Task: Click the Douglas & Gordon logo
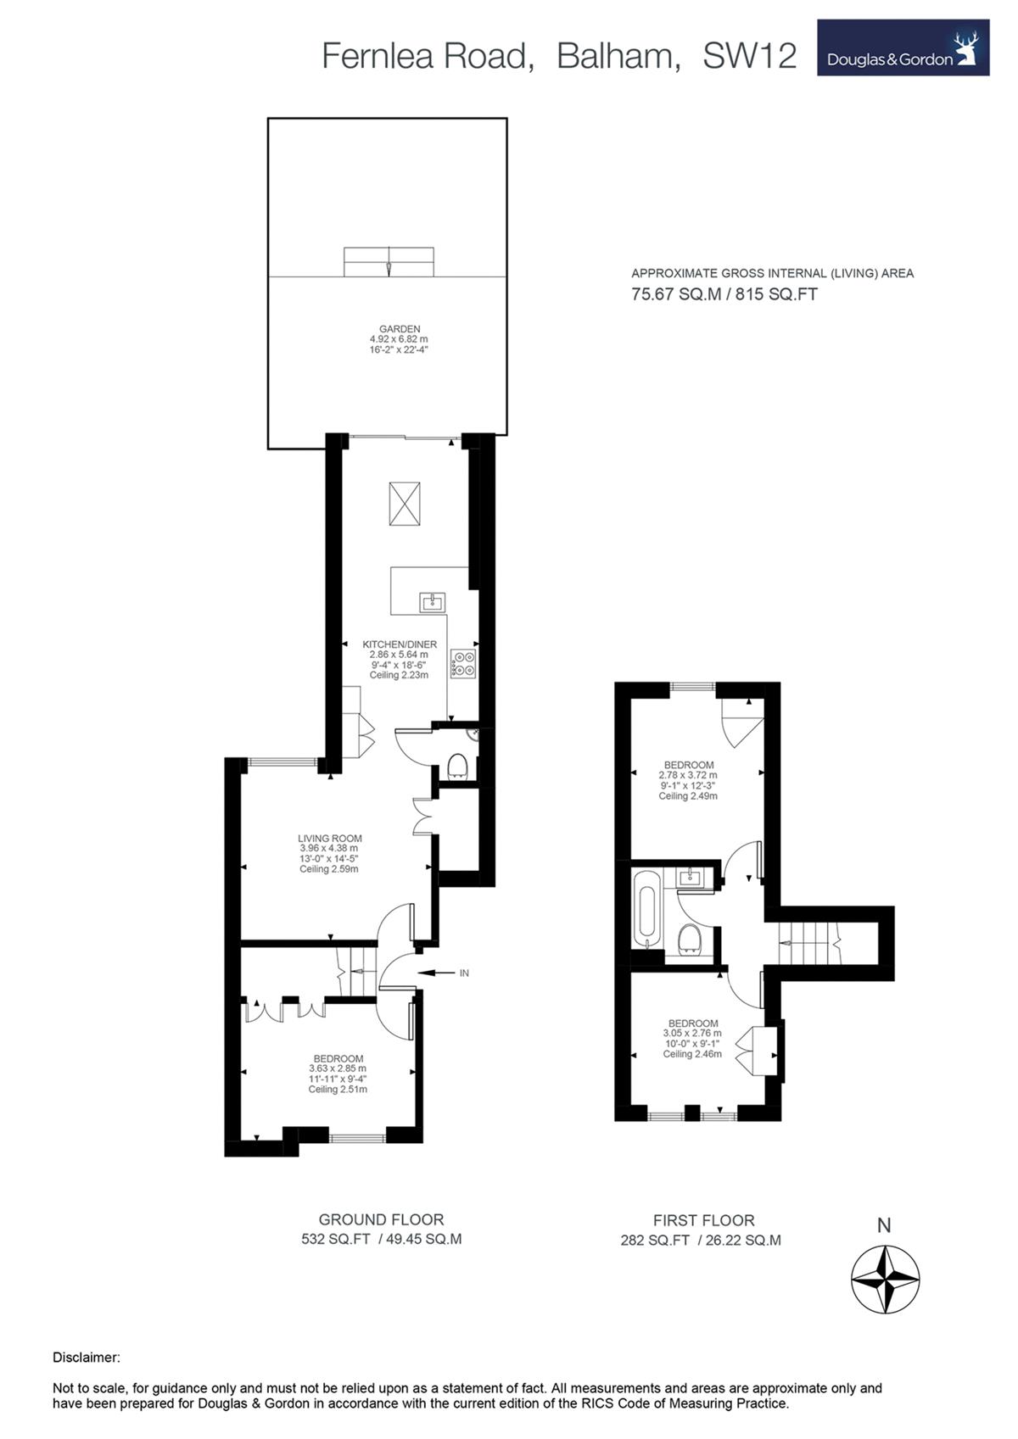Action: [903, 47]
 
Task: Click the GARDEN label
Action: [399, 329]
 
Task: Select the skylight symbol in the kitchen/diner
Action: [405, 505]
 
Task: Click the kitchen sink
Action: [433, 603]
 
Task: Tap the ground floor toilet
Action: [457, 766]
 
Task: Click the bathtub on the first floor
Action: [645, 910]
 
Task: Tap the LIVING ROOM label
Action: [330, 839]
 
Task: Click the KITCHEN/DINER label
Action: [399, 644]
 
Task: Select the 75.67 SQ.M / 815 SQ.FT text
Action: [724, 294]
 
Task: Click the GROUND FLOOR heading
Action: [381, 1219]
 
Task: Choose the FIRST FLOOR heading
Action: [704, 1220]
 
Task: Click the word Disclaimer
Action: [87, 1358]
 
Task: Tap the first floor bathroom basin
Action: [691, 876]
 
